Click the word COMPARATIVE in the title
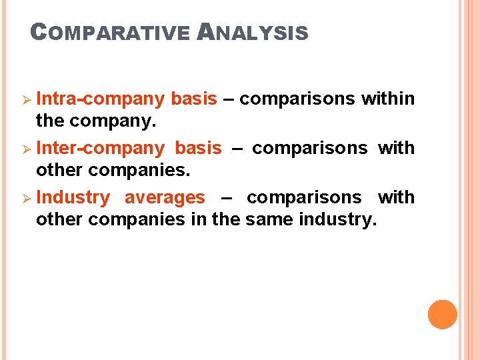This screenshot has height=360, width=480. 111,32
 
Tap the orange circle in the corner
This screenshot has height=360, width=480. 442,315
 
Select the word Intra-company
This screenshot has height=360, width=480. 100,99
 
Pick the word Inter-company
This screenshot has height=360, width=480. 100,148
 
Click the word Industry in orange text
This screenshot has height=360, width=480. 73,197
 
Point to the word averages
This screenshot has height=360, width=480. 165,197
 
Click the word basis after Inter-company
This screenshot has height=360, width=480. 197,148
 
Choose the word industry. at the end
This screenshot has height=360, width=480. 338,219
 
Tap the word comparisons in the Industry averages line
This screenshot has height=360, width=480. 304,197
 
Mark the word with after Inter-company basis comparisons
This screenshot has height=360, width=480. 396,148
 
